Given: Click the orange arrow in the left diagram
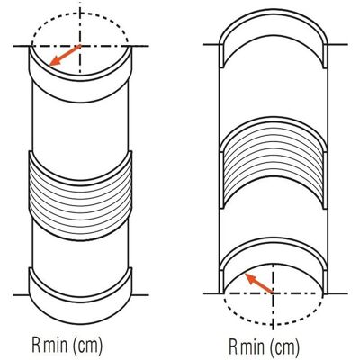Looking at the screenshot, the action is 65,55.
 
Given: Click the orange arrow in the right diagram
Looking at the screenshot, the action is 259,283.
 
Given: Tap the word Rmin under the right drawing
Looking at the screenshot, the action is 247,346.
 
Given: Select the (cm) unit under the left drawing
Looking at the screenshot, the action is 87,346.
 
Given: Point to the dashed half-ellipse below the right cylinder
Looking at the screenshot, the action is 273,325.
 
